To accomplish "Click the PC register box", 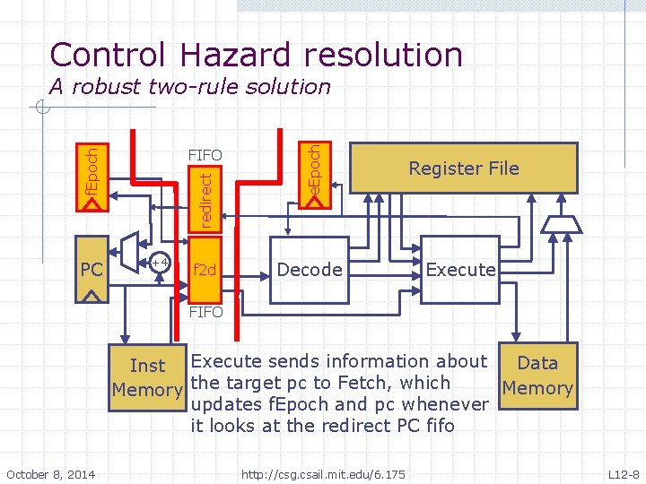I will pyautogui.click(x=92, y=269).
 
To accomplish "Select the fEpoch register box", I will pyautogui.click(x=92, y=177).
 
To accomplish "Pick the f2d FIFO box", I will pyautogui.click(x=205, y=269).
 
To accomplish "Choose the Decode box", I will pyautogui.click(x=310, y=269).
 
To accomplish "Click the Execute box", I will pyautogui.click(x=460, y=269).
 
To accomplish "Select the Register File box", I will pyautogui.click(x=463, y=168).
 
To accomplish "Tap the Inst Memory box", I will pyautogui.click(x=148, y=377).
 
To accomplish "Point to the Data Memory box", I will pyautogui.click(x=537, y=376).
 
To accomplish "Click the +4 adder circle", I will pyautogui.click(x=160, y=264).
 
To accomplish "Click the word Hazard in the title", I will pyautogui.click(x=228, y=55).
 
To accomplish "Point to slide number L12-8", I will pyautogui.click(x=624, y=472).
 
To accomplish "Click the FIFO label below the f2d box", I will pyautogui.click(x=205, y=312).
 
